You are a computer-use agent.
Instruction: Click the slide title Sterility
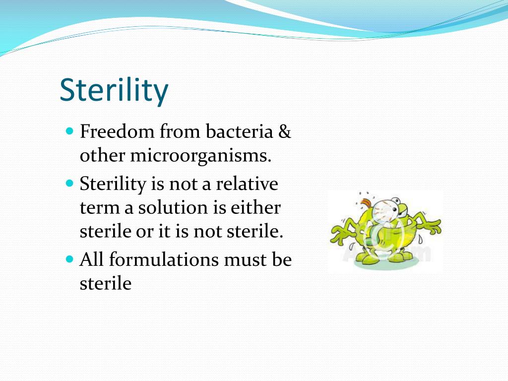coord(114,90)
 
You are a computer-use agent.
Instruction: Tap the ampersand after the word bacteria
coord(284,132)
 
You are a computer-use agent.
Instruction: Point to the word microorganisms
coord(201,155)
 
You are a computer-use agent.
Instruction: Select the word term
coord(100,207)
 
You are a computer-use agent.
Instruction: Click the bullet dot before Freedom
coord(69,132)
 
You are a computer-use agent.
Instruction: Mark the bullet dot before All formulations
coord(69,259)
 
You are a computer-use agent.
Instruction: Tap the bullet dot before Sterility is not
coord(69,184)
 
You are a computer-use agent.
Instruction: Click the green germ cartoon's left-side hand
coord(338,233)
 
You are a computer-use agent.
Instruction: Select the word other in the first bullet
coord(103,155)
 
